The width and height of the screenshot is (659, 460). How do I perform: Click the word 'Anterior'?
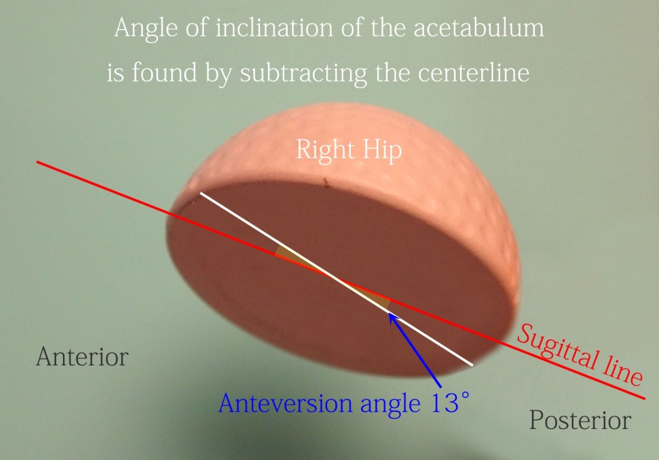click(83, 356)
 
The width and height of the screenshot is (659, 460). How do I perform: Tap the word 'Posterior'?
click(580, 420)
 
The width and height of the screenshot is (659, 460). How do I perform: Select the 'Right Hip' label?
click(349, 151)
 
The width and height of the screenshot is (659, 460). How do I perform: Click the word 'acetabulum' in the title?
click(478, 28)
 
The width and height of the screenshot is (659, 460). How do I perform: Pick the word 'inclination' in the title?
click(274, 28)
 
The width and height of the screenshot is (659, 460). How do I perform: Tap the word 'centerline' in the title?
click(474, 73)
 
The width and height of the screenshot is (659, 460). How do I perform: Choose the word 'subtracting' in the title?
click(303, 75)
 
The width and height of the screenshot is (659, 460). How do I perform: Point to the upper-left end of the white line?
click(201, 193)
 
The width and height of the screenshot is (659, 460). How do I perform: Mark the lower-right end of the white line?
click(473, 365)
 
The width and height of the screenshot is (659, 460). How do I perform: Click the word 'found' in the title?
click(164, 73)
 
